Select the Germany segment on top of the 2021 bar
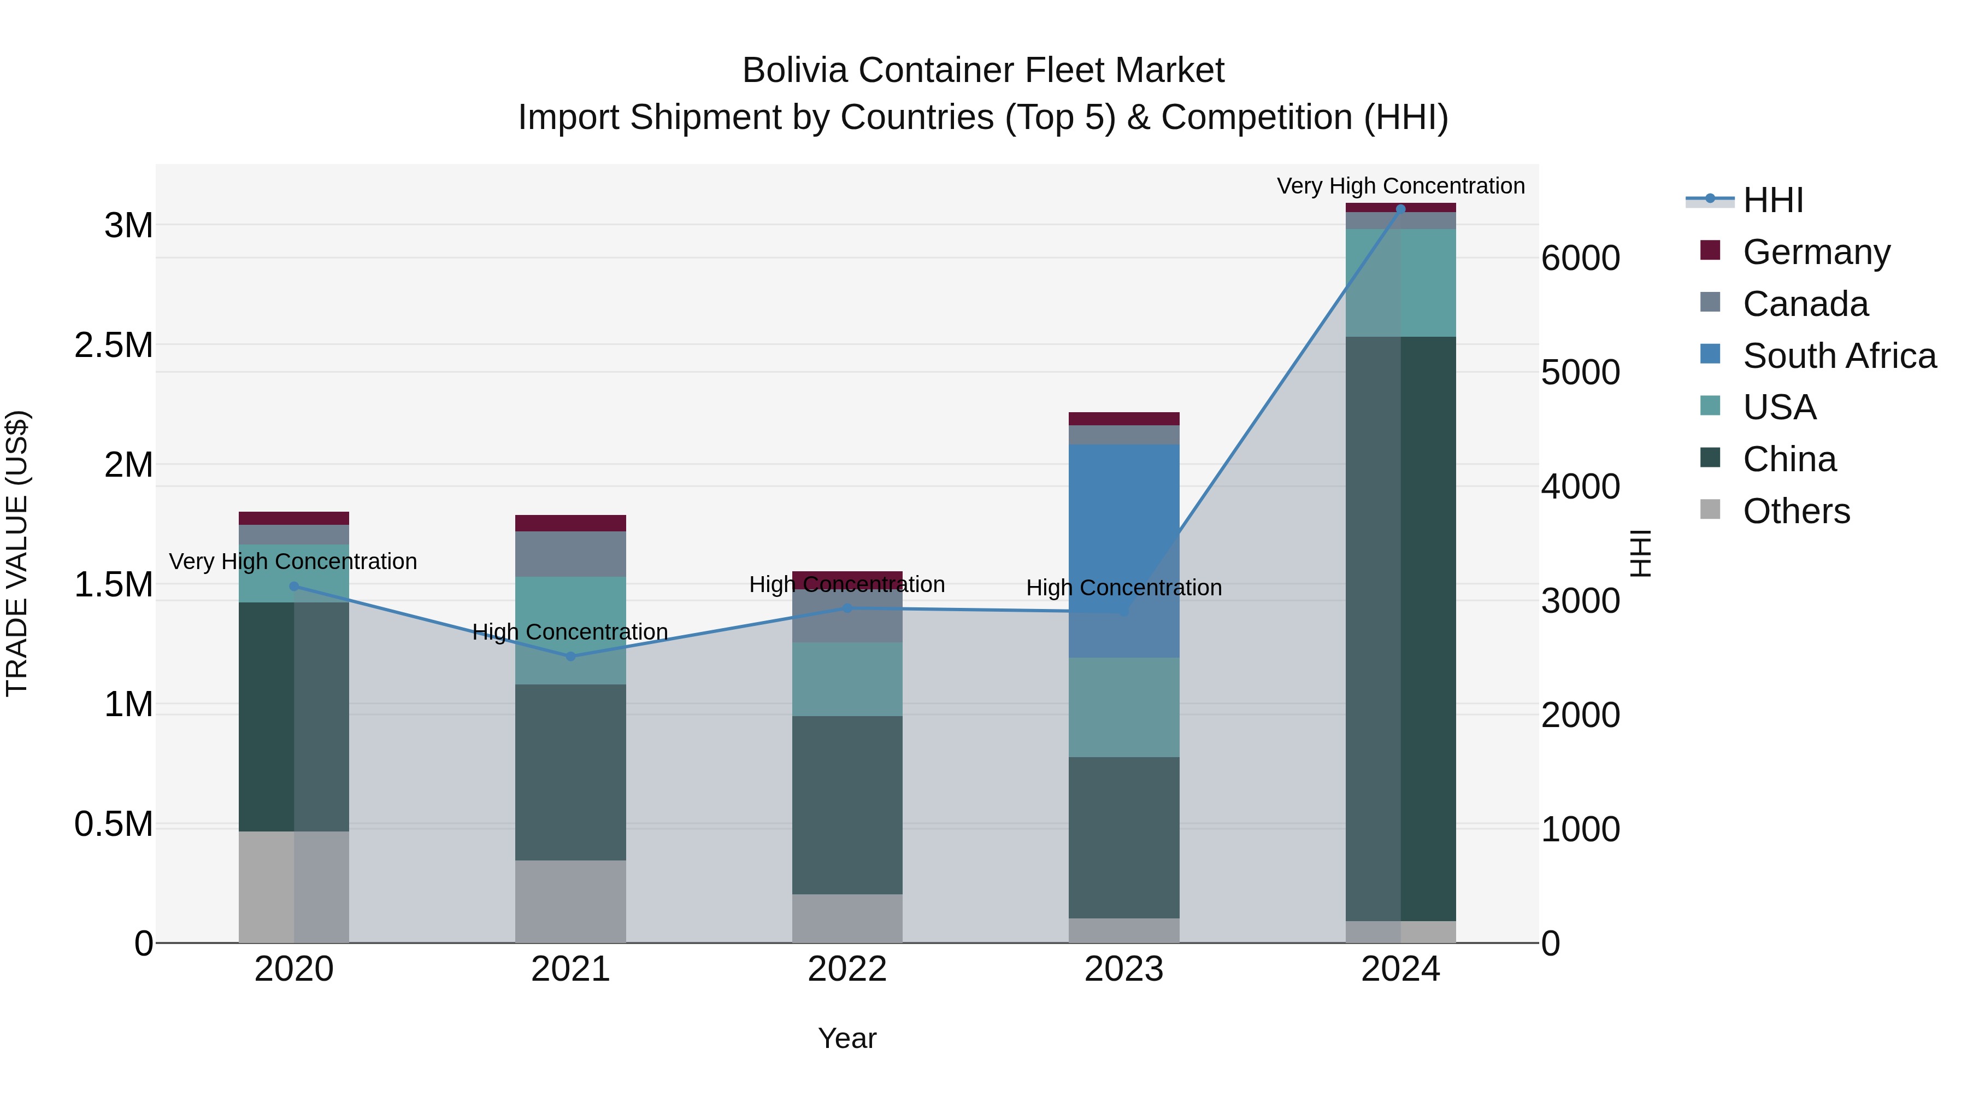point(570,523)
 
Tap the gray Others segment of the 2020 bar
point(294,886)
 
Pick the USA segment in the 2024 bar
point(1400,283)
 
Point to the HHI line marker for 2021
point(570,656)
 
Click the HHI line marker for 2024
point(1400,209)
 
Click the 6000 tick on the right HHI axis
point(1580,258)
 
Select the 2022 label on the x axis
point(847,969)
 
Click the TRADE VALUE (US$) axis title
point(17,553)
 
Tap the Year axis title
point(847,1038)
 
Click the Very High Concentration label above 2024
point(1400,186)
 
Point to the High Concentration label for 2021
point(570,632)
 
